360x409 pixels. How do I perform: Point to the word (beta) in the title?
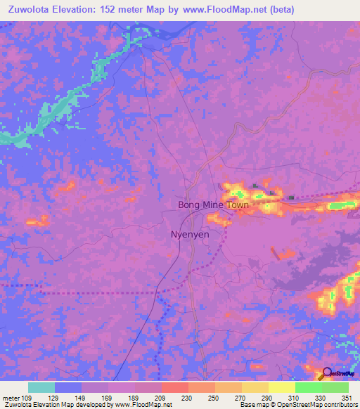tap(280, 10)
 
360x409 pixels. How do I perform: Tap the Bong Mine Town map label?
tap(213, 205)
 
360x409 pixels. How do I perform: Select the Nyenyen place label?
tap(190, 235)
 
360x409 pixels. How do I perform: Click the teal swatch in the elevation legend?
tap(41, 387)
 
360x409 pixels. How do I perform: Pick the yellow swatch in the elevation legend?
tap(282, 387)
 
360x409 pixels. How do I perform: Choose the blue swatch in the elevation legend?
tap(68, 387)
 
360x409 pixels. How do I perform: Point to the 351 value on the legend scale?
tap(345, 398)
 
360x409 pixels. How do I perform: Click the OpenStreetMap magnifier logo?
tap(326, 374)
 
